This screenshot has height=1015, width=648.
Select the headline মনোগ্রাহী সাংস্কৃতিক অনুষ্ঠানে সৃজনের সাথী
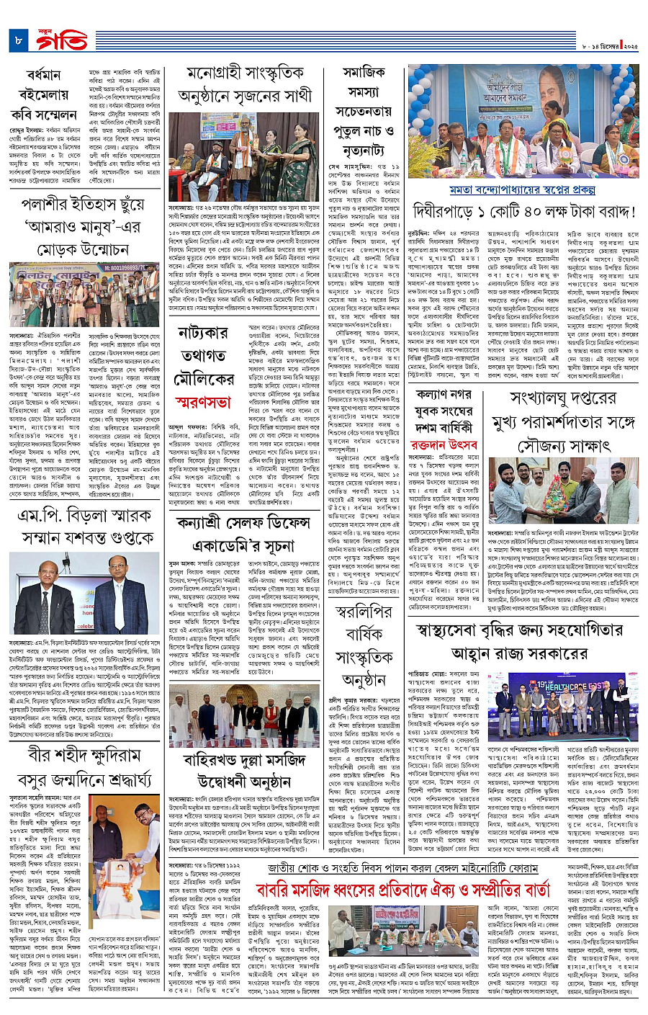coord(245,84)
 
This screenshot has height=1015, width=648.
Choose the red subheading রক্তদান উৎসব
coord(444,445)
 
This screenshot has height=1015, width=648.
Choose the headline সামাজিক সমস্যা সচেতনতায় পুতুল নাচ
coord(364,112)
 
